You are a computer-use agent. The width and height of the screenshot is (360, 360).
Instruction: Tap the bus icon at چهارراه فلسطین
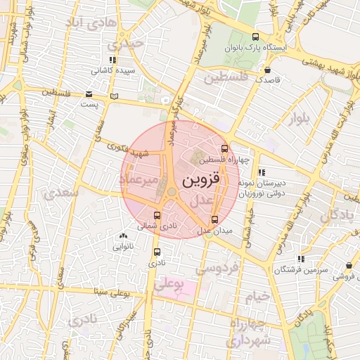(224, 148)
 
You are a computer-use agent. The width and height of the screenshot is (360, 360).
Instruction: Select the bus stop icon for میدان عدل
(215, 220)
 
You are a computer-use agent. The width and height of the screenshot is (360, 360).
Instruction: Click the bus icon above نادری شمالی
(157, 215)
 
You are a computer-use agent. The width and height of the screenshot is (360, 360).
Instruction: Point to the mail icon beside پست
(88, 94)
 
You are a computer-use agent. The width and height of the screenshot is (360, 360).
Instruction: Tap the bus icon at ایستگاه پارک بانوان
(255, 37)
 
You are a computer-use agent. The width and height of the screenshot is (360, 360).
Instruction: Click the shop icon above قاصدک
(268, 70)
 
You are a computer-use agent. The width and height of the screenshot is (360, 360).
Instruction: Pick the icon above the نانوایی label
(124, 236)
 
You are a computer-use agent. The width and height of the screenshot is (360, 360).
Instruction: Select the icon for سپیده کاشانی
(112, 61)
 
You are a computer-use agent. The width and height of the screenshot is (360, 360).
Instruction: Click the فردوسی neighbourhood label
(217, 268)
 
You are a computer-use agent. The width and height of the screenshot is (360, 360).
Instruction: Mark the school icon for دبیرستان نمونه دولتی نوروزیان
(262, 172)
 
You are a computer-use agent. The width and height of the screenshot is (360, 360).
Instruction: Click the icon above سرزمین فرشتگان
(302, 259)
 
